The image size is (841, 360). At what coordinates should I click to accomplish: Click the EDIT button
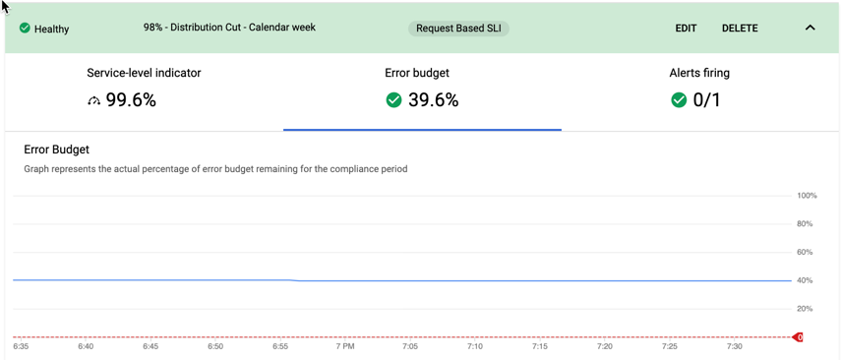(x=686, y=29)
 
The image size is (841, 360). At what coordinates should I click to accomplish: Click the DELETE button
(x=740, y=29)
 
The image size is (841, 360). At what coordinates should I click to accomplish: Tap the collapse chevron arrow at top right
(x=810, y=29)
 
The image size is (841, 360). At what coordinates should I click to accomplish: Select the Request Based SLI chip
(x=458, y=29)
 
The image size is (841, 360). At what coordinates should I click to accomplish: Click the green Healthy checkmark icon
(x=25, y=29)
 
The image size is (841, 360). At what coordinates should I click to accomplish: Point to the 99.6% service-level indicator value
(x=132, y=100)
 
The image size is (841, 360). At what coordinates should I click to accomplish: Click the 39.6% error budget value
(x=434, y=100)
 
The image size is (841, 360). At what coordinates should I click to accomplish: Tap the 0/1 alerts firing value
(x=707, y=100)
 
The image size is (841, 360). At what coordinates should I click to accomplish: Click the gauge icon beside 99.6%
(x=94, y=100)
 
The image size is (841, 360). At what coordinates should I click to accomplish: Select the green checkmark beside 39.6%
(x=393, y=100)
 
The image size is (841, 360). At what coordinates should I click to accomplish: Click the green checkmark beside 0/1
(x=679, y=100)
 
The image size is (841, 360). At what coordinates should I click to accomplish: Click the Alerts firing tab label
(x=699, y=73)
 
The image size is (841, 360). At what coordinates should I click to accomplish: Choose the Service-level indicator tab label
(x=144, y=73)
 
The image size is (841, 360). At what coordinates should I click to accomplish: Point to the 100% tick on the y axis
(x=807, y=196)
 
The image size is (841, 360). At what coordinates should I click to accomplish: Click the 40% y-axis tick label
(x=805, y=280)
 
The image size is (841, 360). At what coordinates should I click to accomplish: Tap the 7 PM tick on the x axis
(x=345, y=347)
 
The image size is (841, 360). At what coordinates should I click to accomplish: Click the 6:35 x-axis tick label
(x=21, y=347)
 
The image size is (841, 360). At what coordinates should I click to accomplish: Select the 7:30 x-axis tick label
(x=734, y=347)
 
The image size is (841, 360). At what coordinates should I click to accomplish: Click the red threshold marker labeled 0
(x=798, y=337)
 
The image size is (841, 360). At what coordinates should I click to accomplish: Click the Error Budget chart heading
(x=56, y=150)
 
